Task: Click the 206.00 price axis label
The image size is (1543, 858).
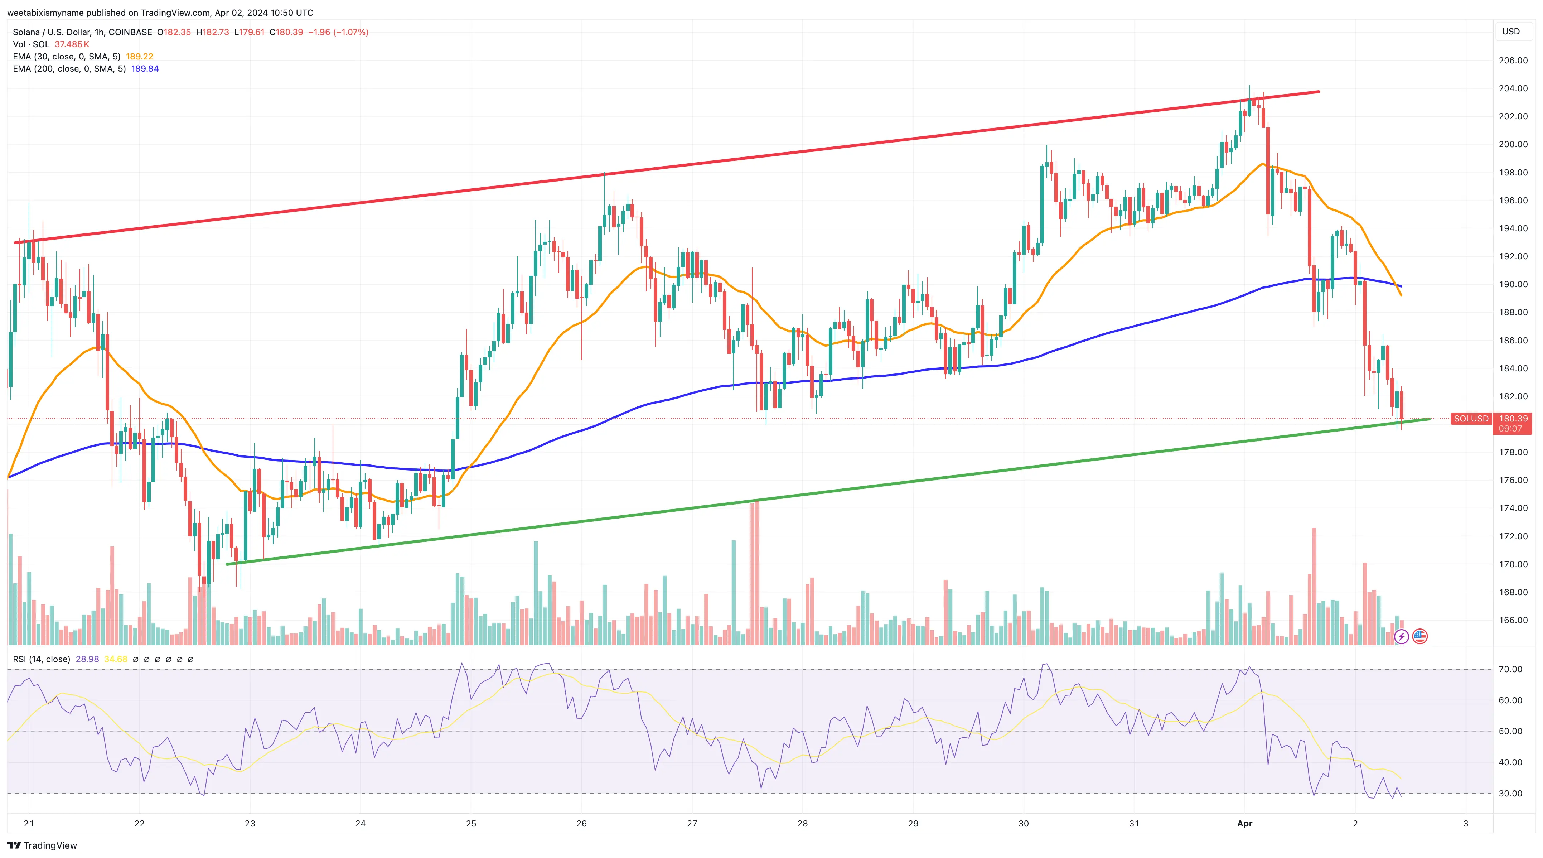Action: (1513, 61)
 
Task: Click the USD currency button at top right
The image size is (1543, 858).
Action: (1511, 31)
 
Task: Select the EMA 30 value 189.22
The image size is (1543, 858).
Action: (140, 56)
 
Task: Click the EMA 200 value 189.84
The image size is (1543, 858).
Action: (145, 69)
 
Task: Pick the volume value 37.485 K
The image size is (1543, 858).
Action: (72, 44)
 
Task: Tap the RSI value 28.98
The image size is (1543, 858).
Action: (87, 659)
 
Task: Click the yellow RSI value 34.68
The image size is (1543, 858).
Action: (116, 659)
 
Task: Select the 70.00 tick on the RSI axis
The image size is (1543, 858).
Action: (1510, 669)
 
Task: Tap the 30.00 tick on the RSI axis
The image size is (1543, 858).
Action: (1510, 793)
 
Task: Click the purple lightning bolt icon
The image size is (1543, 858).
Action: (1401, 636)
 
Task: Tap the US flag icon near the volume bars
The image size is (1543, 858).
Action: (1419, 636)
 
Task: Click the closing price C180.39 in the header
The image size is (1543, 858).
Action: (286, 32)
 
